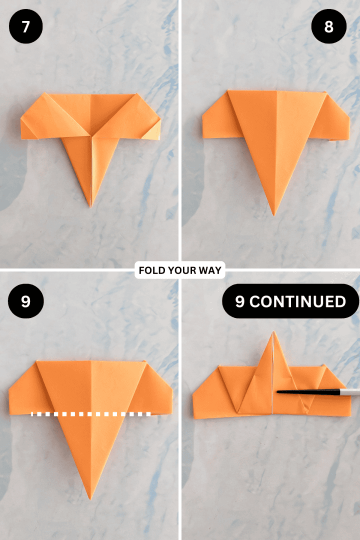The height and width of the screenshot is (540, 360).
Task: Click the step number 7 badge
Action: (x=25, y=26)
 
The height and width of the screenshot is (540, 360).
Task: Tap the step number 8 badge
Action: (x=328, y=26)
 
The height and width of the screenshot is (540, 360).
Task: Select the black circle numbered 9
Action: (x=25, y=302)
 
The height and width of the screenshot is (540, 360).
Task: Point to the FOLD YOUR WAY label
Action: (x=180, y=270)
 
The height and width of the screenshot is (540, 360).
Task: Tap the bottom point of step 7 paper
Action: (x=90, y=205)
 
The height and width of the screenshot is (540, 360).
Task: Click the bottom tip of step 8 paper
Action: (x=273, y=214)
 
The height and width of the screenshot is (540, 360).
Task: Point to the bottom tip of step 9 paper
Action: (x=90, y=498)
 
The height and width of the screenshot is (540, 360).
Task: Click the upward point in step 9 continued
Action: (x=273, y=331)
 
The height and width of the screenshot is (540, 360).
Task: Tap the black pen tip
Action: (x=278, y=391)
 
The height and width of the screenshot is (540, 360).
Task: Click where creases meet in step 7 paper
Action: (x=90, y=135)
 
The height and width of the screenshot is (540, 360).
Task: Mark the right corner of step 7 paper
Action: (x=160, y=120)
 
